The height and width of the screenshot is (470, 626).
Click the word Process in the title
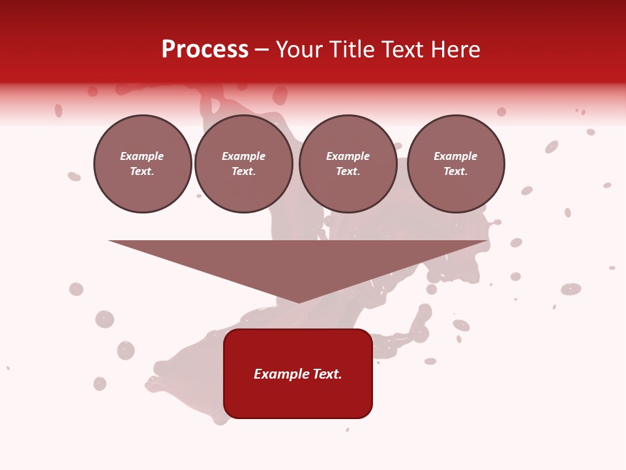[205, 50]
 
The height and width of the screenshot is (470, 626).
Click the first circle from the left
[142, 164]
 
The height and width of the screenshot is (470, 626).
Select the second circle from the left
[243, 164]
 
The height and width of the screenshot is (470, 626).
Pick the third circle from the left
[348, 164]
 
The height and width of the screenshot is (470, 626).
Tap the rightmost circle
[456, 164]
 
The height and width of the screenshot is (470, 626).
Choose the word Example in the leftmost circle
[142, 157]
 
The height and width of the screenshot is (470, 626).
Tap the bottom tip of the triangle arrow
[299, 301]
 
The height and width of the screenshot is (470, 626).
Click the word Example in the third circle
[348, 157]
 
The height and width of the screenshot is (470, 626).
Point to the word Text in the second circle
[243, 172]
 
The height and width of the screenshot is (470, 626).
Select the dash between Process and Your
[261, 50]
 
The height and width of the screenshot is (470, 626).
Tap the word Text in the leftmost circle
[141, 172]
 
